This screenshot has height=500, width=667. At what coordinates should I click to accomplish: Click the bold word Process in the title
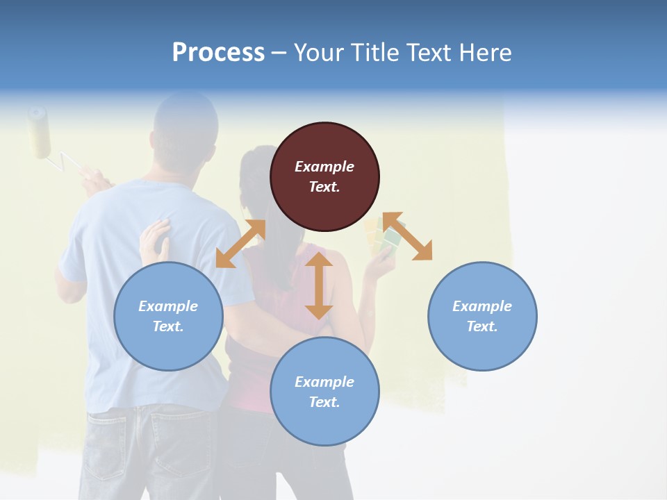pyautogui.click(x=218, y=53)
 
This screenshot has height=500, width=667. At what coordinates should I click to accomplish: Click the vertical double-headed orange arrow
pyautogui.click(x=319, y=285)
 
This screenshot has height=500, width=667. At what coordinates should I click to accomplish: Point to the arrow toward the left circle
pyautogui.click(x=240, y=243)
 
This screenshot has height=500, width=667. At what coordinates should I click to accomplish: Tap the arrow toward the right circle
pyautogui.click(x=407, y=237)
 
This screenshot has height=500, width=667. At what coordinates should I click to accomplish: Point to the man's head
pyautogui.click(x=186, y=125)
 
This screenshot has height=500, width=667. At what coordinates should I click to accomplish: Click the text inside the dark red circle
pyautogui.click(x=324, y=176)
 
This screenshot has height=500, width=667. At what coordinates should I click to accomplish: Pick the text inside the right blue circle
pyautogui.click(x=482, y=316)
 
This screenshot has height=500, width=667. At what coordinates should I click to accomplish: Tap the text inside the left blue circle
pyautogui.click(x=168, y=316)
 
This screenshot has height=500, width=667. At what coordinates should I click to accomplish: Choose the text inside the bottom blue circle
pyautogui.click(x=324, y=392)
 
